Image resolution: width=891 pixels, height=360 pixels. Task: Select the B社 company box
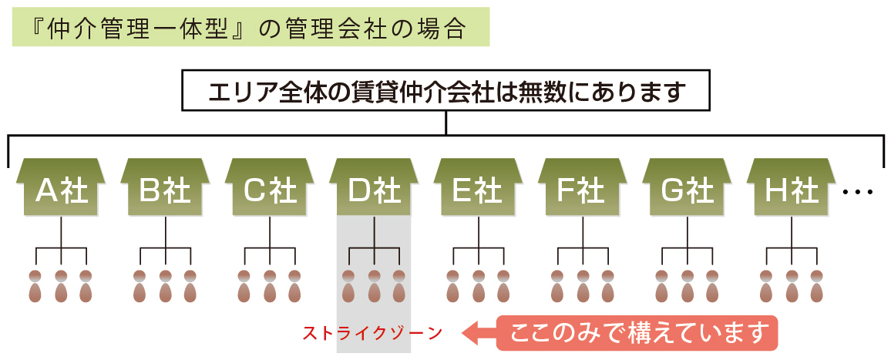[165, 189]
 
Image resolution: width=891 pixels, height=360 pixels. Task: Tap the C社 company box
[269, 189]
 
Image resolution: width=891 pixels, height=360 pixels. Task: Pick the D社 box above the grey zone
[373, 189]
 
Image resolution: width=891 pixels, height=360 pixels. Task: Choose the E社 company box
[478, 189]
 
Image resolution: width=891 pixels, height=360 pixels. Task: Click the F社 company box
[582, 189]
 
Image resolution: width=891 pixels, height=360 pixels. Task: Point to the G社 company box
[686, 189]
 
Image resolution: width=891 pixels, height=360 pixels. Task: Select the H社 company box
[791, 189]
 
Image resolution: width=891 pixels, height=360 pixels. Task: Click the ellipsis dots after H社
[858, 192]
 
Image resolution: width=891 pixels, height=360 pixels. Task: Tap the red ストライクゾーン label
[373, 334]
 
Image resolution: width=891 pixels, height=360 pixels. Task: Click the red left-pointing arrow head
[472, 333]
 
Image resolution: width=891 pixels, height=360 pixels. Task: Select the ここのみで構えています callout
[637, 333]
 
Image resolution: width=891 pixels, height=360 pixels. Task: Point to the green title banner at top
[250, 27]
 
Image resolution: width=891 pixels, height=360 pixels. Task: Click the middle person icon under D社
[374, 286]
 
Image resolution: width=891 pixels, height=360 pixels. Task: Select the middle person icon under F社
[583, 286]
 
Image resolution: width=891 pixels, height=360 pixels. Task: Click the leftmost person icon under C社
[244, 286]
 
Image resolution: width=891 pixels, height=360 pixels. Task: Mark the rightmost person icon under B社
[190, 286]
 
